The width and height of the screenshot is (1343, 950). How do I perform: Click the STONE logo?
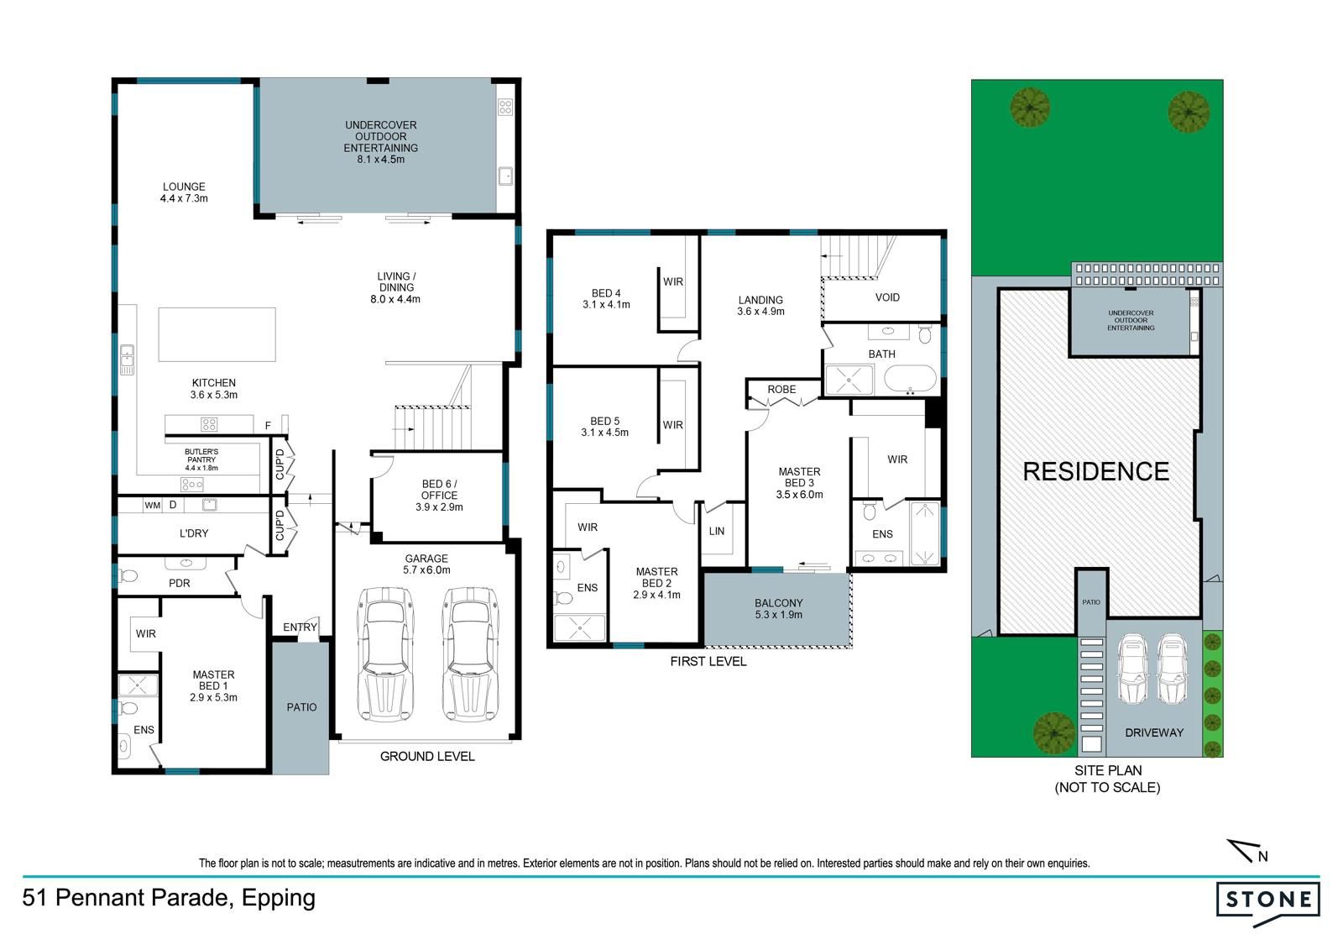(1268, 903)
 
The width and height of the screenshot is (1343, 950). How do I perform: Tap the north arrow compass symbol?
(1247, 851)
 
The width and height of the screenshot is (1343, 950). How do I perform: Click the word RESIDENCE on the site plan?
(1096, 472)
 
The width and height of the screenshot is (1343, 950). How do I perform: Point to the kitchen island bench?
(217, 335)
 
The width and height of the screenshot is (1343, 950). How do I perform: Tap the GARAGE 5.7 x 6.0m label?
(426, 564)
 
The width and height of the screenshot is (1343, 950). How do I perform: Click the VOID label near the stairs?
(887, 297)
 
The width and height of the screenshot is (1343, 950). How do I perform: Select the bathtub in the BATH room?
(910, 380)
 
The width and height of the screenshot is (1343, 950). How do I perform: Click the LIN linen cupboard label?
(717, 531)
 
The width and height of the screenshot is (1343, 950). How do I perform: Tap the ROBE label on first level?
(781, 390)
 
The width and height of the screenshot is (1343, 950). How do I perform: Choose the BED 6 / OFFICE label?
(440, 495)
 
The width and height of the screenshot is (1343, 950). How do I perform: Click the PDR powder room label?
(180, 583)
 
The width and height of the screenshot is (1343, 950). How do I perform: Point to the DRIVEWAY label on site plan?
(1154, 732)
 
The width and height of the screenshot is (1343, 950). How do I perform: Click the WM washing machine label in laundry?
(152, 506)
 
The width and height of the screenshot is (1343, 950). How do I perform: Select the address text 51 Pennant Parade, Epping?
(169, 898)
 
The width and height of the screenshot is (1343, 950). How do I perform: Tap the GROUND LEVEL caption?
(427, 756)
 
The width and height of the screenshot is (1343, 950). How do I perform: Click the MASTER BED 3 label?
(799, 483)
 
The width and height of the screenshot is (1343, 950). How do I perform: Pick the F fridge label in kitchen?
(268, 426)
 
